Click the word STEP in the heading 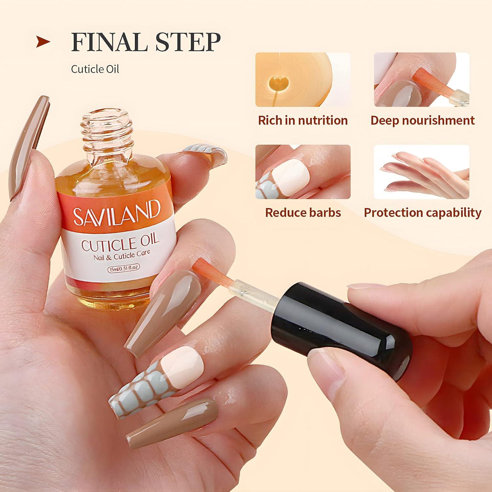point(188,42)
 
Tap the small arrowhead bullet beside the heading point(43,42)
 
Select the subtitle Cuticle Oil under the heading point(95,69)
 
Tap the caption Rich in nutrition point(302,120)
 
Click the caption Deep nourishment point(422,120)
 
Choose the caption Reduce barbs point(303,213)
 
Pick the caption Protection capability point(422,213)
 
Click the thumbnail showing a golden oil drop point(303,80)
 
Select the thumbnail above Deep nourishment point(421,80)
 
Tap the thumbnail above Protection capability point(421,172)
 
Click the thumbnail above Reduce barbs point(303,172)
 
